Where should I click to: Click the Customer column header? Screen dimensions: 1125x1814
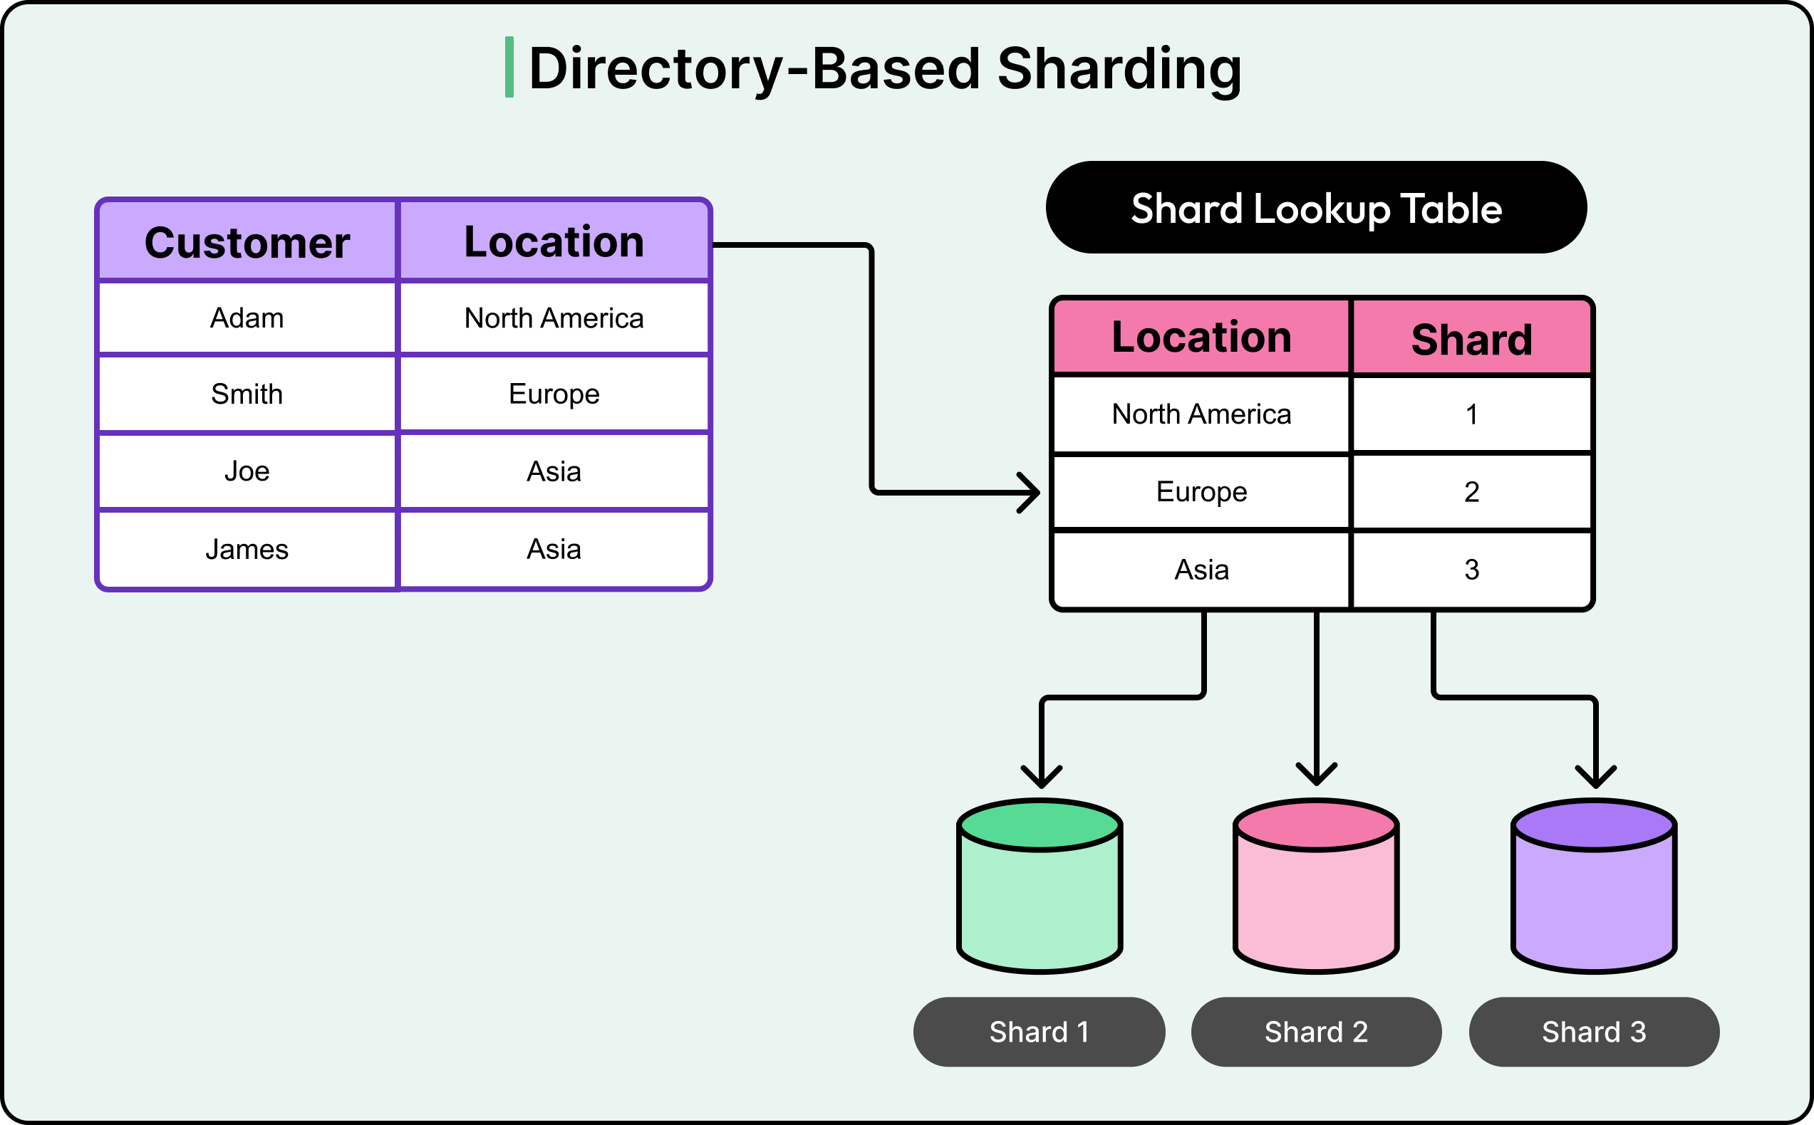tap(247, 243)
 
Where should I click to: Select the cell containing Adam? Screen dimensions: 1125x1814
tap(247, 318)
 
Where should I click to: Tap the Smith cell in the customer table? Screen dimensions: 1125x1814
tap(247, 394)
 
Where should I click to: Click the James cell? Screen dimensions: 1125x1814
tap(247, 550)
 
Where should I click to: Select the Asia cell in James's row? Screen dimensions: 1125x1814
tap(554, 550)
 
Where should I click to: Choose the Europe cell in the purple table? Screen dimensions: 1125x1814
tap(554, 394)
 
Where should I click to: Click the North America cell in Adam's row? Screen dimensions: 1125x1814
tap(554, 318)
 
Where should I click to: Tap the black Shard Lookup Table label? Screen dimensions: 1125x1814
tap(1316, 208)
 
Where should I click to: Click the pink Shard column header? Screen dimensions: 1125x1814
tap(1471, 340)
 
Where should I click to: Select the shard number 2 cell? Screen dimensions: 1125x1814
tap(1471, 492)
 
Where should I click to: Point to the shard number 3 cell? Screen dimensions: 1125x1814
tap(1471, 570)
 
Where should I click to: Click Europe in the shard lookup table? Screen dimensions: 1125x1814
tap(1201, 492)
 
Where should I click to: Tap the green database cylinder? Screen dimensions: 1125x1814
tap(1040, 887)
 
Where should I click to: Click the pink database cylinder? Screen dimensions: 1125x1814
tap(1316, 887)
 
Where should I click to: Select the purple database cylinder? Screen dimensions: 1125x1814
tap(1594, 887)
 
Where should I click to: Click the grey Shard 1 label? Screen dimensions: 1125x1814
tap(1039, 1032)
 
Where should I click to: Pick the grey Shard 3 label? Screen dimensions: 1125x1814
tap(1594, 1032)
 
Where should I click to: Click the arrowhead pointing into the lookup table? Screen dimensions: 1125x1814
tap(1031, 493)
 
